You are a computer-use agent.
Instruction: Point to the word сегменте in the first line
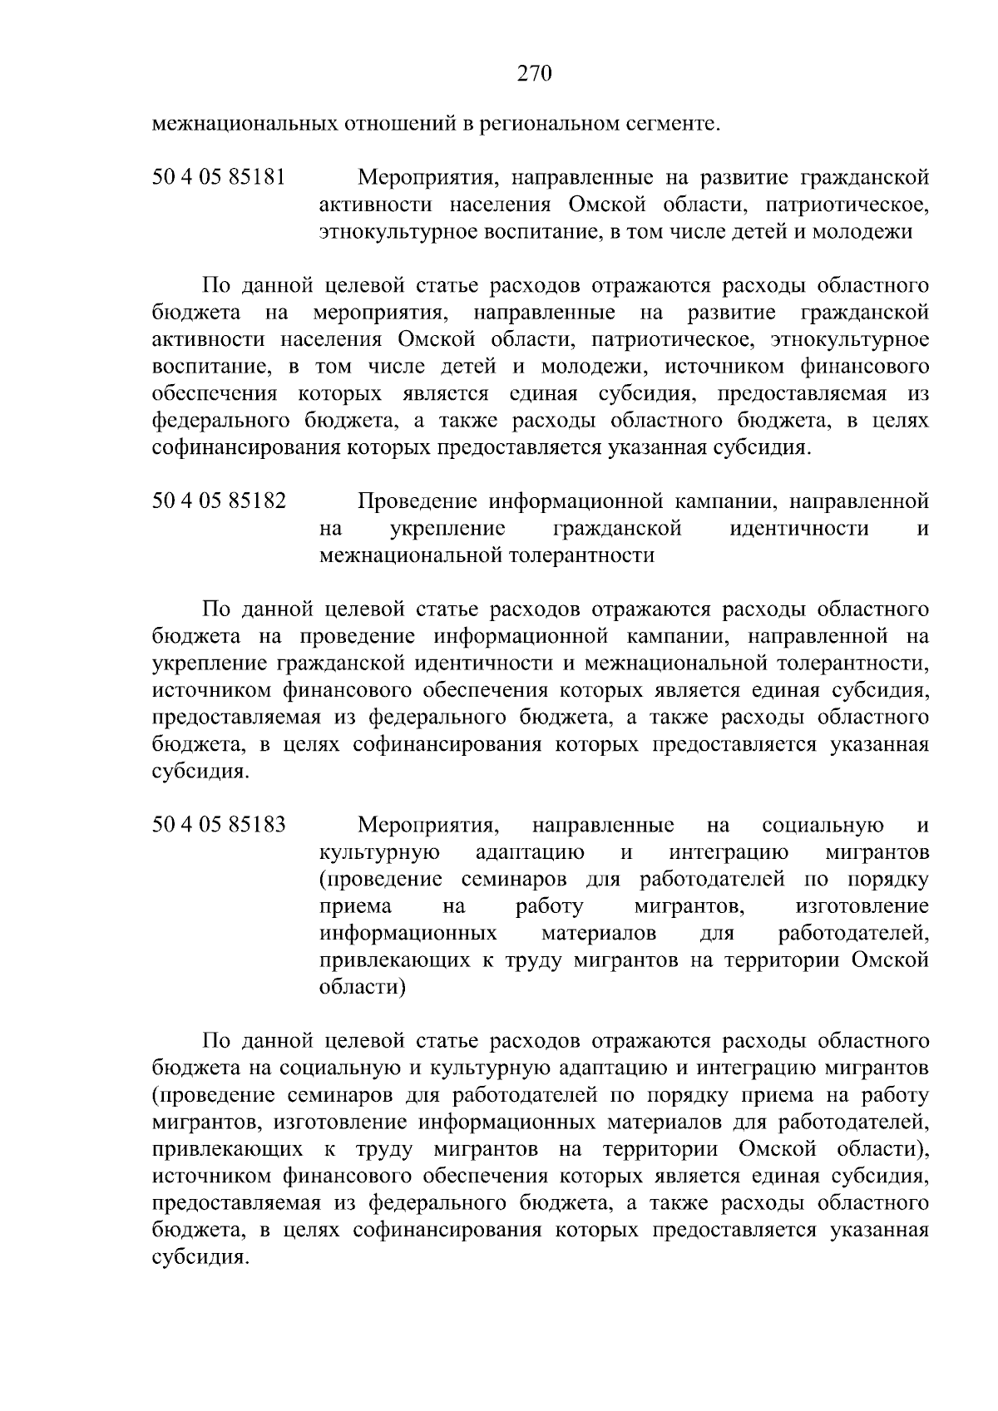click(x=675, y=126)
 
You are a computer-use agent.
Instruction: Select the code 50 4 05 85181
click(x=220, y=177)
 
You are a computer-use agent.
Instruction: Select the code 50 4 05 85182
click(x=220, y=501)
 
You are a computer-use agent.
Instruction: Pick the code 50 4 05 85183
click(x=220, y=825)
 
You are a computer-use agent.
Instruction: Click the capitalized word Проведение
click(x=418, y=501)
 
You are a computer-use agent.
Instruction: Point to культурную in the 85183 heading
click(x=380, y=852)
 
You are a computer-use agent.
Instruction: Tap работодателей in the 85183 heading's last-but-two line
click(x=852, y=934)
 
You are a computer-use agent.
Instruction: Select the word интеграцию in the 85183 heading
click(x=729, y=852)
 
